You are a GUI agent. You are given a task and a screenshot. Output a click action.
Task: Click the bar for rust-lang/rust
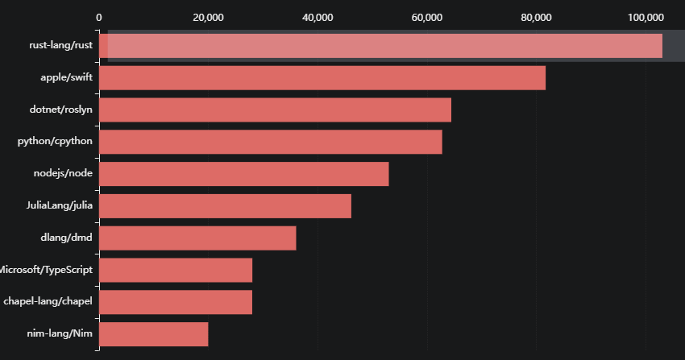(380, 46)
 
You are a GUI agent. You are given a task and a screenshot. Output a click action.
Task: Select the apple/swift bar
(322, 78)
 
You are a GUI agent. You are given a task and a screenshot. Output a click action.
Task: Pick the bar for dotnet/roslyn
(275, 110)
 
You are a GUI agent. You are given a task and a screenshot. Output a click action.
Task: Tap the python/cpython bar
(271, 142)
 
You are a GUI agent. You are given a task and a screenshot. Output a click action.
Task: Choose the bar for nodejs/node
(244, 174)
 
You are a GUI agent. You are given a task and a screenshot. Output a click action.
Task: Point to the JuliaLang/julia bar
(225, 206)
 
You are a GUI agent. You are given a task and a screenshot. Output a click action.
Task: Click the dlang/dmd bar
(197, 238)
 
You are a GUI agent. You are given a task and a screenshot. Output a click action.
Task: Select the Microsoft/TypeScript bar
(176, 271)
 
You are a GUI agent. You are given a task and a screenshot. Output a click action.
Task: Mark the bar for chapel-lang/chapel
(176, 302)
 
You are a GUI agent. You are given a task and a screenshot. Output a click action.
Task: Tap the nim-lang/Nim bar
(154, 334)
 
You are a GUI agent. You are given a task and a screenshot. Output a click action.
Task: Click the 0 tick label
(99, 17)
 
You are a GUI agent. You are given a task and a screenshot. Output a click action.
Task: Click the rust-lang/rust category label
(60, 46)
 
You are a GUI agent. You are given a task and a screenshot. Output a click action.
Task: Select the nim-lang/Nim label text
(60, 334)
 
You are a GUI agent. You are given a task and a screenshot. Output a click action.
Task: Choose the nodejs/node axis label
(63, 174)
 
